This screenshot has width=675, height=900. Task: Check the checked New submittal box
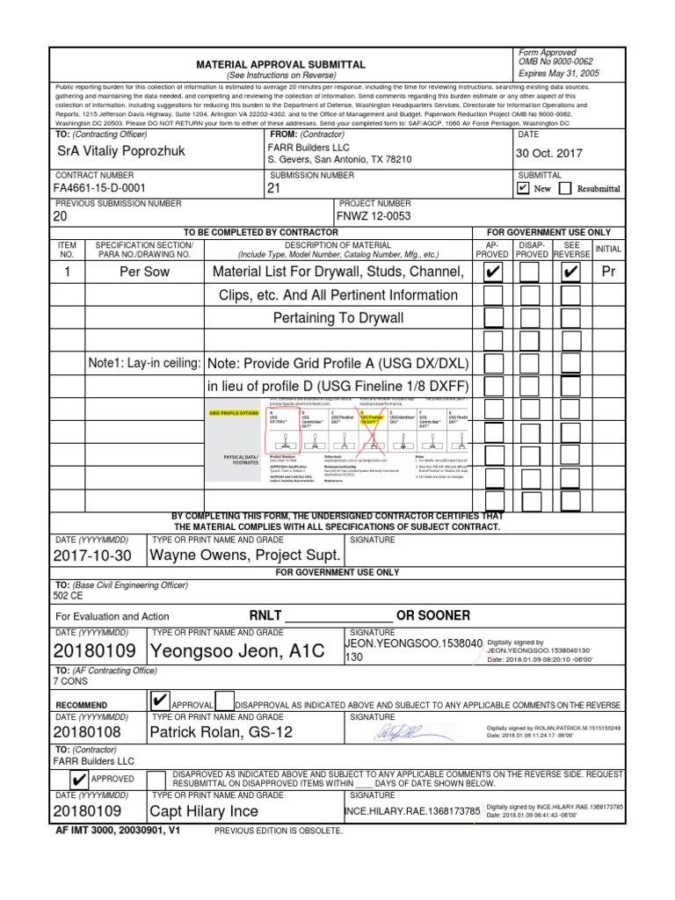524,188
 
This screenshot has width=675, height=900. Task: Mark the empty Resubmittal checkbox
565,188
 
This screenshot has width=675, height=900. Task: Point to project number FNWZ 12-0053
374,216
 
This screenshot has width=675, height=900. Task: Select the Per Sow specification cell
144,272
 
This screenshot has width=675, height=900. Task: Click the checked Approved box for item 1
493,272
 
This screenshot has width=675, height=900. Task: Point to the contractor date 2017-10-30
91,555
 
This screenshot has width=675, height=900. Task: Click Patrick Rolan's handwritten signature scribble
400,731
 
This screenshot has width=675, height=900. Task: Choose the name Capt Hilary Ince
204,811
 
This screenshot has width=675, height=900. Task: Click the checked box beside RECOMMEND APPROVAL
159,700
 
